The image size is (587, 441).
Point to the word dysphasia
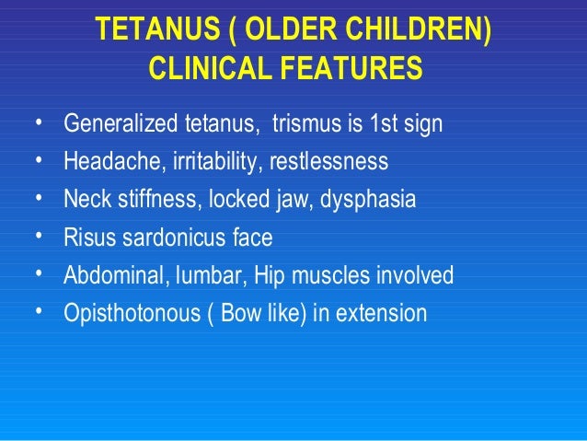click(368, 200)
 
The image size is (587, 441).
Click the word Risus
click(86, 238)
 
